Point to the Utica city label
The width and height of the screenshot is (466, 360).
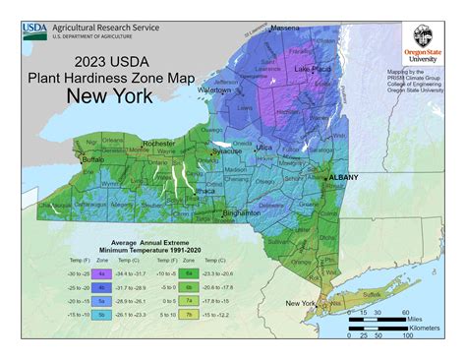pos(264,147)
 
